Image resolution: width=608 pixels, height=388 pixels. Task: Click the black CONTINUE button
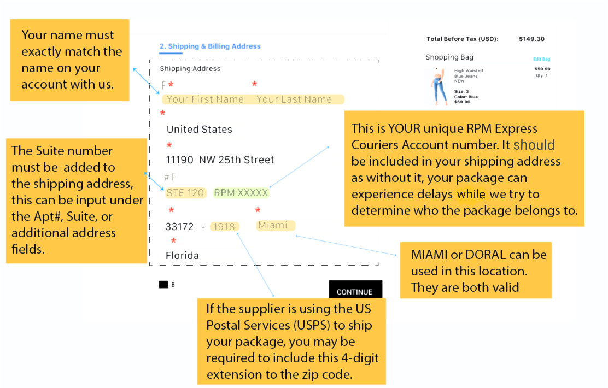(355, 290)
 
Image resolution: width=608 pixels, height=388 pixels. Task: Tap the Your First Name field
(205, 99)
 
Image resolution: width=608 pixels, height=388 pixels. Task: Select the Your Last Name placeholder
(294, 99)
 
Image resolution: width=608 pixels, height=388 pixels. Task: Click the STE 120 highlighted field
(185, 193)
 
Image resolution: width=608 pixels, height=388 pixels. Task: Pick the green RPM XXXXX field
(241, 193)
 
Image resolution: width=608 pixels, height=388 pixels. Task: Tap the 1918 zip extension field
(224, 226)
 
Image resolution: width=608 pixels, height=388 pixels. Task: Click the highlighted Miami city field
(276, 225)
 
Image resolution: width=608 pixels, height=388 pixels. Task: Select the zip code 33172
(179, 227)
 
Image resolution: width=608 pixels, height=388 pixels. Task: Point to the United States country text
(200, 130)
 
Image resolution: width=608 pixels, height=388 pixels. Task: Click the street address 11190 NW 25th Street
(220, 160)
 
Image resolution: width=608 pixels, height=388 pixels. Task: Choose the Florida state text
(182, 255)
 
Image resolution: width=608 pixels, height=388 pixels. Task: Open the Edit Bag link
(542, 60)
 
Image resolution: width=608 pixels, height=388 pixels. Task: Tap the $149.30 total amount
(531, 39)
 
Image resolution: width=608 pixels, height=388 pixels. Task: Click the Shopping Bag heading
(449, 57)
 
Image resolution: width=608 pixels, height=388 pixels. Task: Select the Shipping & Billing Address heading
(210, 46)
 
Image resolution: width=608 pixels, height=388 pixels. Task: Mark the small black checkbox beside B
(163, 285)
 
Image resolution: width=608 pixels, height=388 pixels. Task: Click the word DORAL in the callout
(486, 255)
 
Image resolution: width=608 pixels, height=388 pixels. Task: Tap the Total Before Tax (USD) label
(462, 39)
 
